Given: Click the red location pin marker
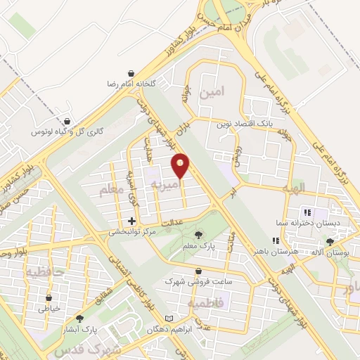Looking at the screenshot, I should (x=181, y=166).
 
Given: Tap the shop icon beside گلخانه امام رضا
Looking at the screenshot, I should (x=131, y=72).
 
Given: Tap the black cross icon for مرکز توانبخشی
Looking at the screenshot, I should (x=131, y=220).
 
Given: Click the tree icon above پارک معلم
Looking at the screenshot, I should (x=198, y=234).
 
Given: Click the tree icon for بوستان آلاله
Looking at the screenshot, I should (x=330, y=242).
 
